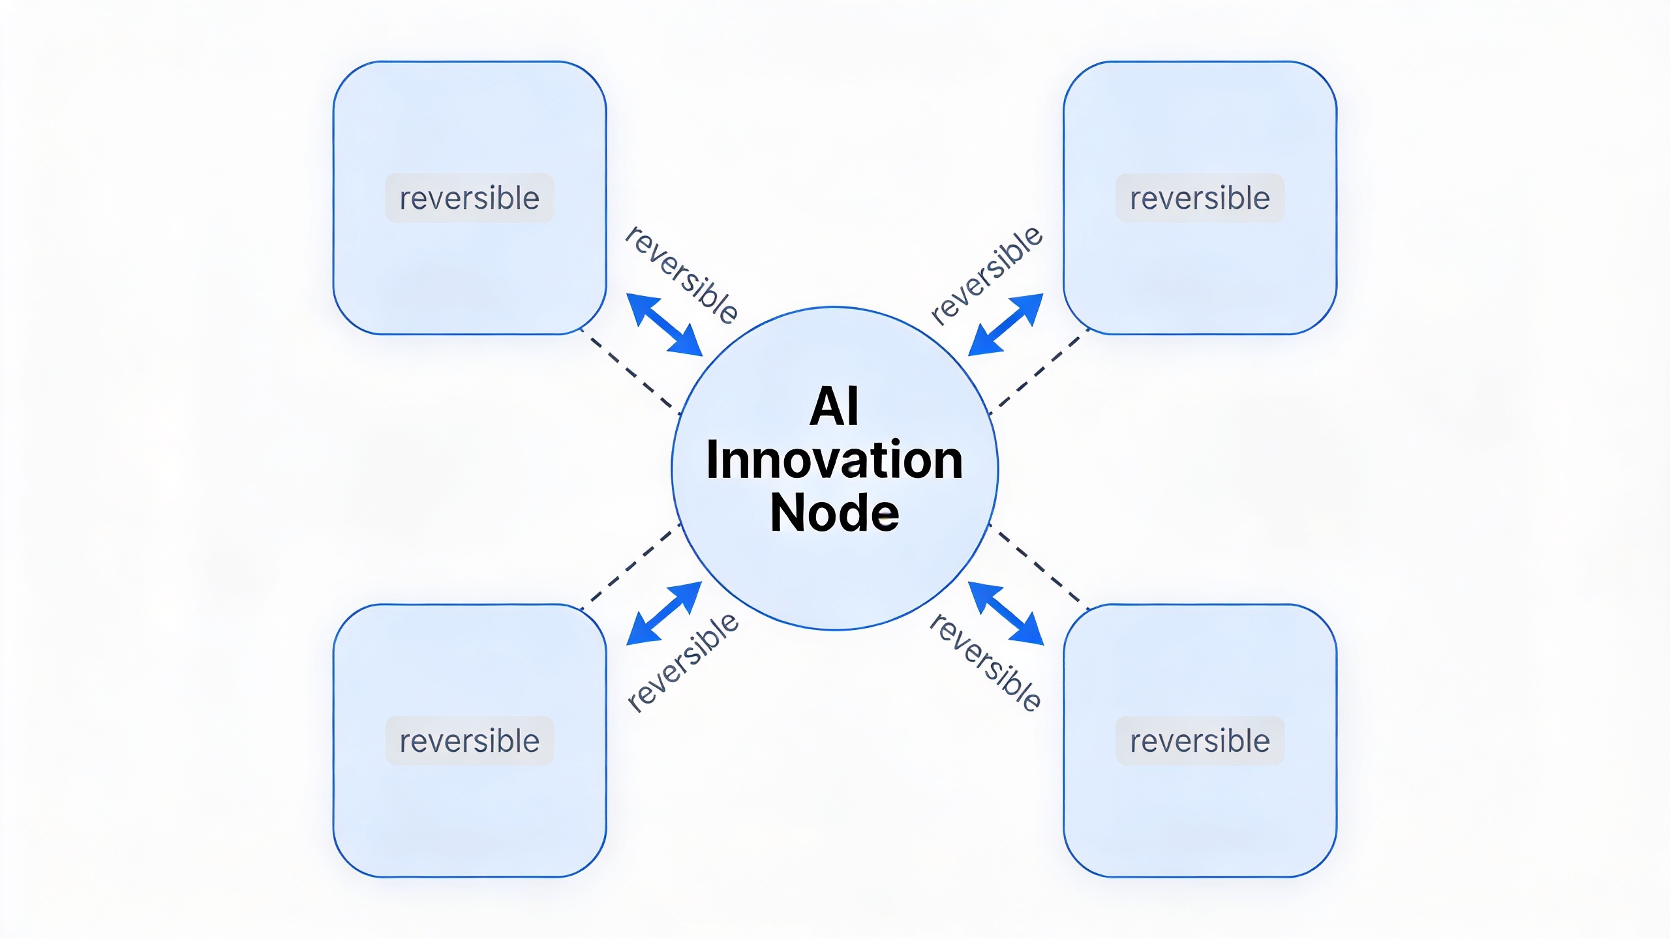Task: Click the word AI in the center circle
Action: point(834,406)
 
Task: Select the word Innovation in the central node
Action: point(834,460)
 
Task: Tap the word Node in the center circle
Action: point(834,513)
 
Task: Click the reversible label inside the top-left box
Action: point(470,198)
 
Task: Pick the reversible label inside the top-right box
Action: point(1200,198)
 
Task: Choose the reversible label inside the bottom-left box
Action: point(470,741)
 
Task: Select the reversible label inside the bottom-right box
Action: point(1200,741)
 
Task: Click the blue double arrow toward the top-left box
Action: point(664,325)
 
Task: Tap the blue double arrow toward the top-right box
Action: point(1006,325)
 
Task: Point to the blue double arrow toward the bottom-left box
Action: point(664,614)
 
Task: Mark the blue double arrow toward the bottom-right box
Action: point(1006,614)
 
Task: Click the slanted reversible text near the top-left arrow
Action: point(682,275)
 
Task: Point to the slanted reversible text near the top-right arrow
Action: point(986,275)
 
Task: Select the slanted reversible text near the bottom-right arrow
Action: point(985,662)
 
